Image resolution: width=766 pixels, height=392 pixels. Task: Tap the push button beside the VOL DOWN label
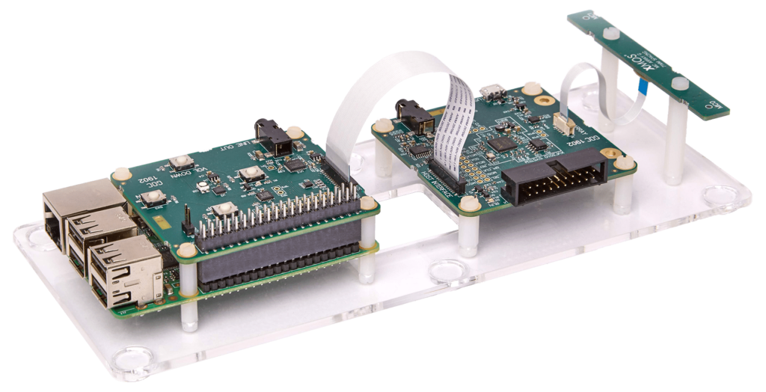point(180,162)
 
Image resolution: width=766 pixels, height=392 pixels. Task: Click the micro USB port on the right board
point(490,94)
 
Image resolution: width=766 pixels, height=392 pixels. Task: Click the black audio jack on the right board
point(411,115)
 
